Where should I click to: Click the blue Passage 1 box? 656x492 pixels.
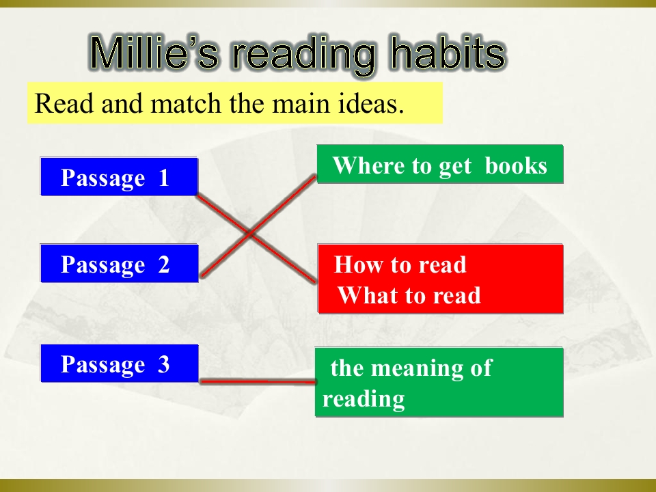tap(119, 176)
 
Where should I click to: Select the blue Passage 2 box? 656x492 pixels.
tap(119, 263)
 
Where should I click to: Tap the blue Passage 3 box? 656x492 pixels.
tap(119, 363)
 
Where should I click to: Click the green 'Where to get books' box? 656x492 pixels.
tap(440, 164)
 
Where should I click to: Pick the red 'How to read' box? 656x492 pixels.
tap(441, 279)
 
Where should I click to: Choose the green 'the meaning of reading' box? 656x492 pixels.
tap(439, 382)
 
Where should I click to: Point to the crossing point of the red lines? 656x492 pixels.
tap(250, 233)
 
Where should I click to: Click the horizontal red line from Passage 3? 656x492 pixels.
tap(258, 381)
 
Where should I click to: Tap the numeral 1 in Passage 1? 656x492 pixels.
tap(163, 178)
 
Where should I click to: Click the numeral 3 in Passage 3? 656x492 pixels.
tap(163, 364)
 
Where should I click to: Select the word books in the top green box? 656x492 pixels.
tap(516, 165)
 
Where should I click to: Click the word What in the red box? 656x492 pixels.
tap(361, 295)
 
